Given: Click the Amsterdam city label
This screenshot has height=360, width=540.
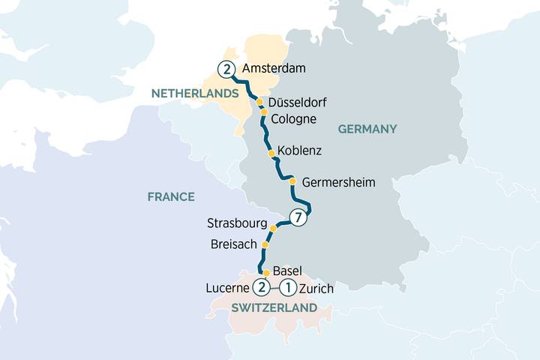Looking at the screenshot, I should (274, 68).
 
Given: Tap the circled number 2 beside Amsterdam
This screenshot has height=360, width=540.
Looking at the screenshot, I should (224, 69).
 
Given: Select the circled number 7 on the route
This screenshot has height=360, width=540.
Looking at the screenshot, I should (298, 218).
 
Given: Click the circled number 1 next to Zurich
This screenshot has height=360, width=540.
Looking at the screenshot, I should (287, 287).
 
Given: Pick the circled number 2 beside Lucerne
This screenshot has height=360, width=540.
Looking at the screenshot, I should (261, 287).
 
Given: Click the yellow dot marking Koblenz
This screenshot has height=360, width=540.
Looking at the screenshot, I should (271, 152).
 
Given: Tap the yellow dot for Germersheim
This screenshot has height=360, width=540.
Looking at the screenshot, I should (293, 181).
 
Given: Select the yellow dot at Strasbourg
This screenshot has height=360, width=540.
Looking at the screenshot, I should (273, 229).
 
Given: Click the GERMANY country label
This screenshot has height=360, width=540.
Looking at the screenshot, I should (367, 129).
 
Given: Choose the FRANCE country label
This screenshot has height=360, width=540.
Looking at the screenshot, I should (170, 196).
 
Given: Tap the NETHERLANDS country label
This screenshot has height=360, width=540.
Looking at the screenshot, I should (195, 93).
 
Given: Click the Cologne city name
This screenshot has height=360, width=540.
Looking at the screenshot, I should (294, 119).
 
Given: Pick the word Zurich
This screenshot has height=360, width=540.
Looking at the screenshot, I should (316, 288).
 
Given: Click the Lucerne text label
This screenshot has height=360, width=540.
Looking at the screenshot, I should (227, 288).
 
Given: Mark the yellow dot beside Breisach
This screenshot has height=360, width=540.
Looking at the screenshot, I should (265, 244).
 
